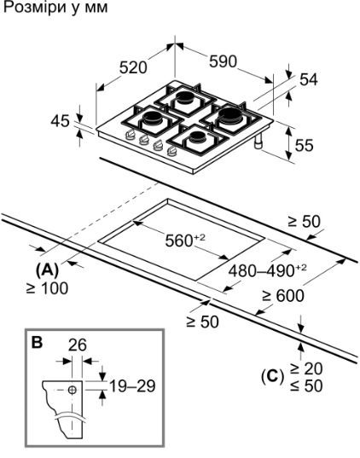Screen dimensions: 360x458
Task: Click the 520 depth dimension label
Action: (133, 68)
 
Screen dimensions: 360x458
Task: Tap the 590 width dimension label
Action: (223, 61)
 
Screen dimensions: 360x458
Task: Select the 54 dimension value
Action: (309, 79)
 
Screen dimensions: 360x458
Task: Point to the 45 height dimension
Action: (61, 121)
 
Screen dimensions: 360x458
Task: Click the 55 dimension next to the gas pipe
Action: (304, 145)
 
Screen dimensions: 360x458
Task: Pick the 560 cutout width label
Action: (185, 241)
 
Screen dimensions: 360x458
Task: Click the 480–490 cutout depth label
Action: (267, 270)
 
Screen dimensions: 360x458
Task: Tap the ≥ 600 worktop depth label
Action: (283, 296)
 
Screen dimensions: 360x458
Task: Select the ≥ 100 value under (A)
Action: (47, 288)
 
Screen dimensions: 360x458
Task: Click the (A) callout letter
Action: (47, 270)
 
